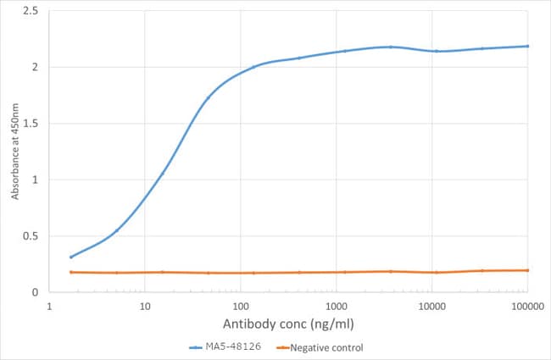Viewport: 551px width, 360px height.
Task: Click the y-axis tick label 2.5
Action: [31, 11]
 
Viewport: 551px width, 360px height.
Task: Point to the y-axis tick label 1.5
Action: [31, 124]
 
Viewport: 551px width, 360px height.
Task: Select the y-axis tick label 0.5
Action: [31, 236]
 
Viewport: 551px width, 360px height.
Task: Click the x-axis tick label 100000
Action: [527, 307]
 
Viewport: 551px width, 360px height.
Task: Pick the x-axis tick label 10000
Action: [432, 307]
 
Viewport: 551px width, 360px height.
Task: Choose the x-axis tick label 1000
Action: [337, 307]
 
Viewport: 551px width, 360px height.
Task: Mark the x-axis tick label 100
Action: [241, 307]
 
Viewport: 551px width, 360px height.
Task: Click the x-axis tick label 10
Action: [145, 307]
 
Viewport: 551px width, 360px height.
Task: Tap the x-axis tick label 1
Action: [49, 307]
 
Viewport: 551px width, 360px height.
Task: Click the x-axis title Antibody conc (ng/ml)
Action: [287, 324]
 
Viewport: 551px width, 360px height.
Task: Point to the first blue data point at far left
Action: [71, 257]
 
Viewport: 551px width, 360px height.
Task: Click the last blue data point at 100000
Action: [527, 46]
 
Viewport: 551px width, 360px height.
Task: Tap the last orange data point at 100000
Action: [527, 270]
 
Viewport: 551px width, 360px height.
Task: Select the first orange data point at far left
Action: [71, 272]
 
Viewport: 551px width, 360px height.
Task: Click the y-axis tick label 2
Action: [34, 67]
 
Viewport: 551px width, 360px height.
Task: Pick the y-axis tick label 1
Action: [34, 180]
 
